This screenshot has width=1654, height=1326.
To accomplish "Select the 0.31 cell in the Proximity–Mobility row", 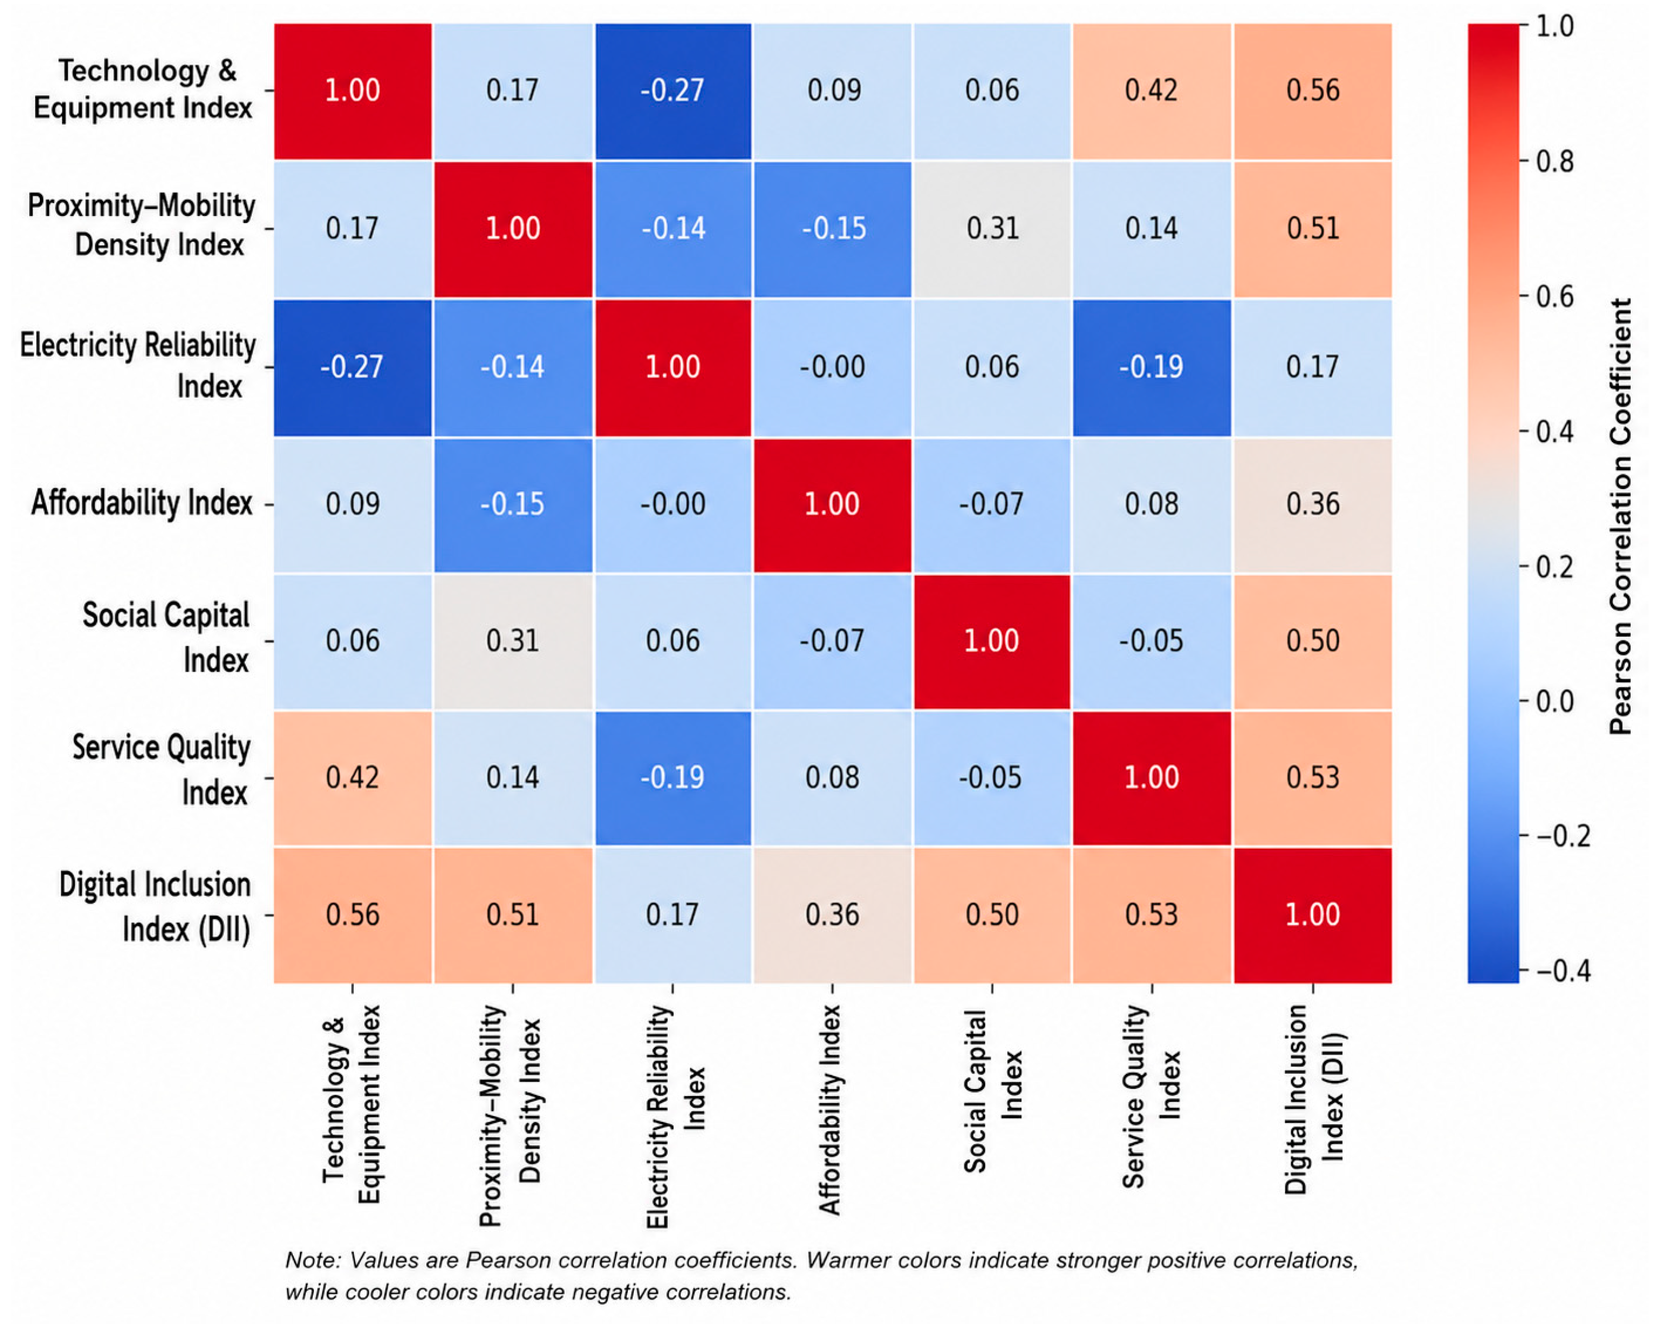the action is click(992, 229).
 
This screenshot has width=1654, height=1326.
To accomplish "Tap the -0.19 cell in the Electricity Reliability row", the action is click(1152, 367).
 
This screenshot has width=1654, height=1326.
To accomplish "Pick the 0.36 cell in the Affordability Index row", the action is click(1313, 505).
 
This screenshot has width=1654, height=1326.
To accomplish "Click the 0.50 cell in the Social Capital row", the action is click(1313, 641).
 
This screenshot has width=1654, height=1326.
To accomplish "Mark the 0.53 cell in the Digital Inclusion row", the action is click(1152, 915).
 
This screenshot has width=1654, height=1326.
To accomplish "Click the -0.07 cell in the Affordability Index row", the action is click(992, 505).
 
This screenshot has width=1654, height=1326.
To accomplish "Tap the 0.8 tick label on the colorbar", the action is click(1554, 162).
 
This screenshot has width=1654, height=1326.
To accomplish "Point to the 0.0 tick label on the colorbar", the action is click(1554, 701).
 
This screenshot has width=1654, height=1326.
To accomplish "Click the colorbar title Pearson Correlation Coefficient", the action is click(1621, 515).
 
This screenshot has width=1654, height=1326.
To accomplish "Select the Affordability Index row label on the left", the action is click(142, 504).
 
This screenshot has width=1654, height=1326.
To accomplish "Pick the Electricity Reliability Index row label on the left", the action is click(138, 366).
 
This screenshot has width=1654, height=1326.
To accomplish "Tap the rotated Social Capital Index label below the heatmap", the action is click(993, 1091).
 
